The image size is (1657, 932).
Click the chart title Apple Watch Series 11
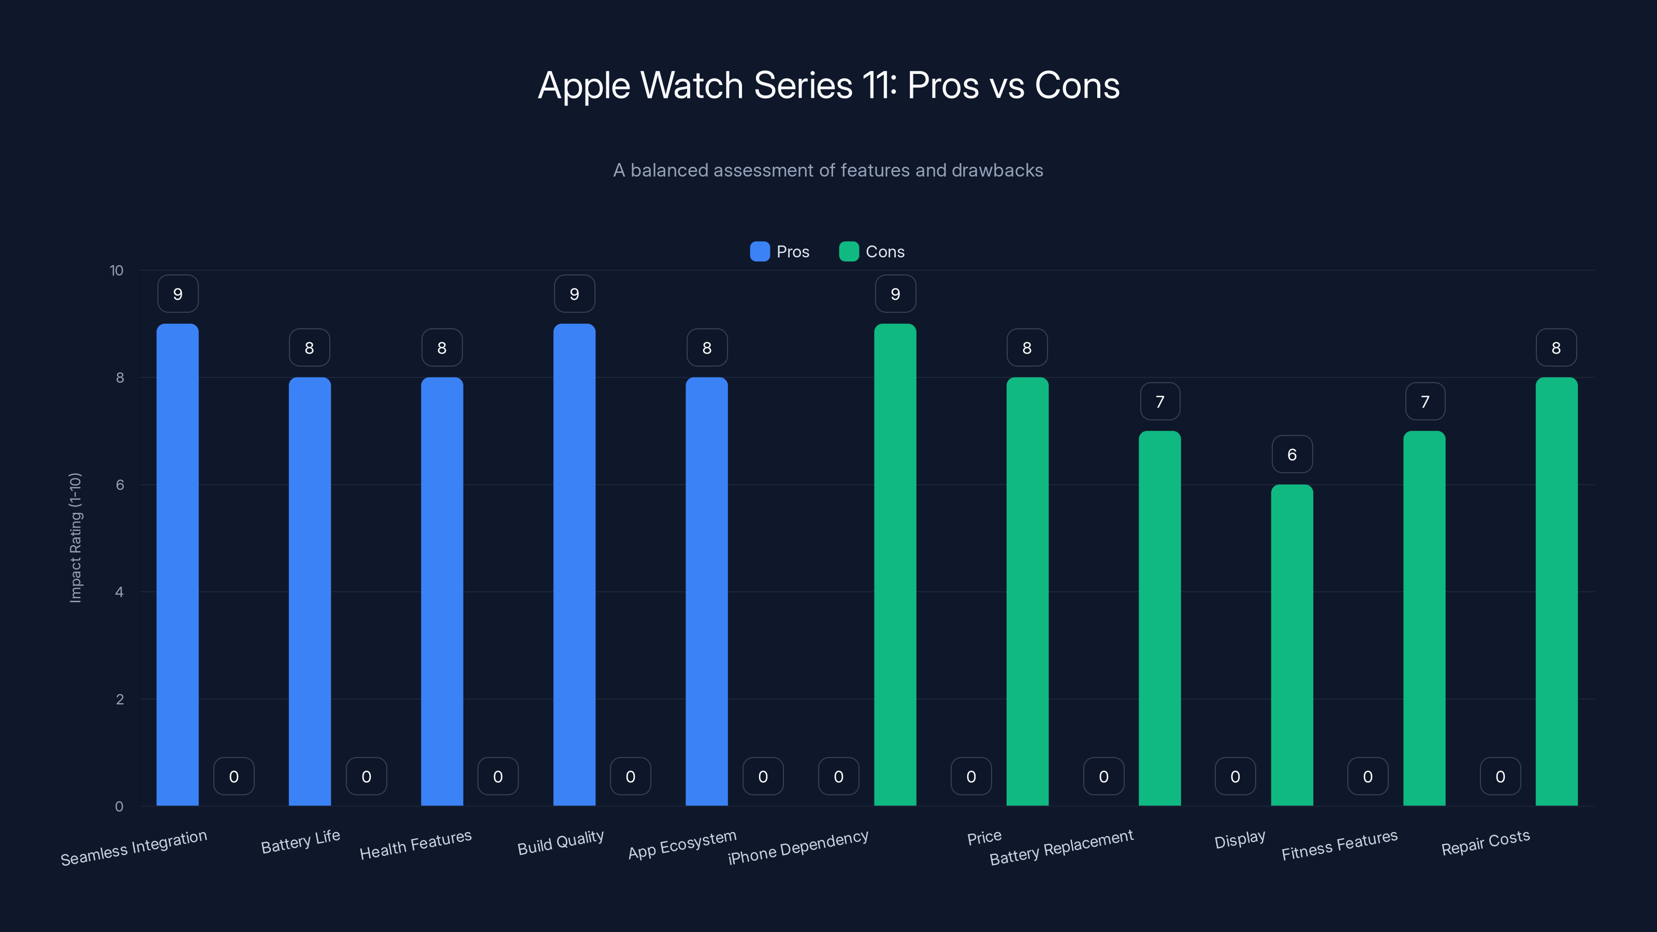828,85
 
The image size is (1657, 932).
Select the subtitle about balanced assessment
828,170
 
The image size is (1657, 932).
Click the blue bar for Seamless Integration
178,566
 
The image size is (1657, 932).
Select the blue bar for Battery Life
310,592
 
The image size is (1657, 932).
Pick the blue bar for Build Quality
574,566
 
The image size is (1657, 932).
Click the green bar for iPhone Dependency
895,566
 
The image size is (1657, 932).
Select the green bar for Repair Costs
1556,592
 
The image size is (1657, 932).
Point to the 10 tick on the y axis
117,271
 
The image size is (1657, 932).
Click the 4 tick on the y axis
119,592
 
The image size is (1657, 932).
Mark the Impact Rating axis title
75,538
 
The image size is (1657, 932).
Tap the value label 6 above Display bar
1291,455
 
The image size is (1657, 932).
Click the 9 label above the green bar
895,294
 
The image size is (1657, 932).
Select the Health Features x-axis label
415,844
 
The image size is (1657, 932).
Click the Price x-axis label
984,837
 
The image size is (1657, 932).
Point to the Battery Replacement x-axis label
1062,847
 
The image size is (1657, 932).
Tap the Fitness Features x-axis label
1339,845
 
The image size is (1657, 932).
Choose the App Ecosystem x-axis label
682,844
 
